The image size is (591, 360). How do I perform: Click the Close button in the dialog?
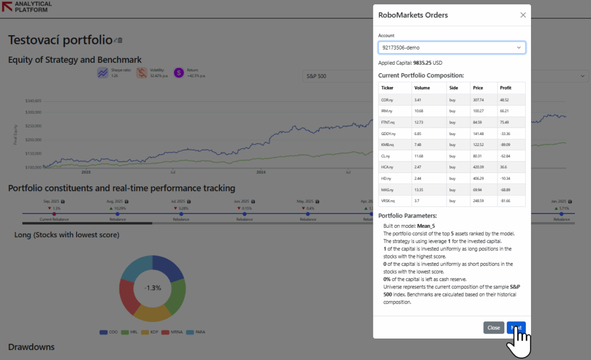pos(493,327)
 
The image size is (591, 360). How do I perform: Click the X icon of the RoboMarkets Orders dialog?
pos(523,15)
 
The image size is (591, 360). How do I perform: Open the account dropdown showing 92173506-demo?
pos(452,47)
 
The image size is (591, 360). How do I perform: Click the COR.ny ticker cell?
pos(388,100)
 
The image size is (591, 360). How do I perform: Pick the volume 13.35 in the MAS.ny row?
pos(420,189)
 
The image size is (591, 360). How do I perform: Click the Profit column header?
pos(506,88)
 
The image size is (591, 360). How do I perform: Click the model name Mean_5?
pos(426,226)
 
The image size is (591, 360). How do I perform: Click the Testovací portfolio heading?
pos(59,40)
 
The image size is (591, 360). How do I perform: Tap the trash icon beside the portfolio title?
pos(120,40)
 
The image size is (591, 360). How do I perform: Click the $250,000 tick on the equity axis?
pos(33,126)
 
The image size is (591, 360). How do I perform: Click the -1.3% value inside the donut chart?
pos(152,287)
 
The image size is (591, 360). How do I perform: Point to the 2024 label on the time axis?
pos(261,172)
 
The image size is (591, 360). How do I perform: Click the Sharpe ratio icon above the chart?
pos(103,73)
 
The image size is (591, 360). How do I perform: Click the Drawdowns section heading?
pos(31,347)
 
